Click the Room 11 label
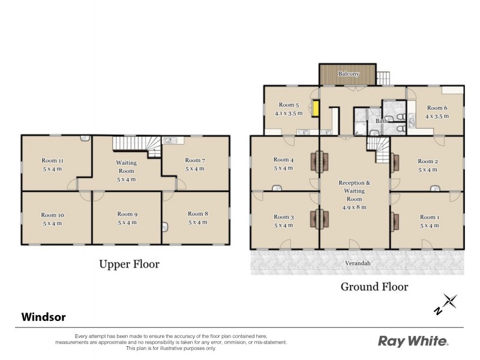52,160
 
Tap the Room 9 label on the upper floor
127,214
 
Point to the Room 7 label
195,160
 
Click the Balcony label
348,74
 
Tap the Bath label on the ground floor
382,121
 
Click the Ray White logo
413,341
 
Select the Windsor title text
44,316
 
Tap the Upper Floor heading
129,264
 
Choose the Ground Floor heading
374,287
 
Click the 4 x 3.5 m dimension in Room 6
437,116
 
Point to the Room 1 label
429,217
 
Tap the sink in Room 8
166,227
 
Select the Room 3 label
283,217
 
